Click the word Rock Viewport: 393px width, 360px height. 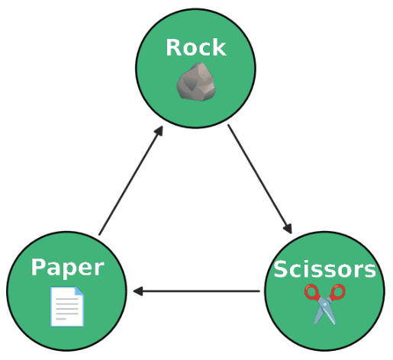click(x=196, y=47)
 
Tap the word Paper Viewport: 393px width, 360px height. click(x=68, y=268)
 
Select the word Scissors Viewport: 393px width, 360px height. click(x=325, y=269)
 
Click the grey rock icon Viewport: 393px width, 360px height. click(x=196, y=82)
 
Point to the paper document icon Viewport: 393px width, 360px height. click(x=67, y=307)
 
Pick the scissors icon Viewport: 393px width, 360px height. click(x=325, y=304)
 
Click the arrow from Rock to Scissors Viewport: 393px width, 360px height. click(x=259, y=178)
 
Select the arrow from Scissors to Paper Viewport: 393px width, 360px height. click(x=196, y=291)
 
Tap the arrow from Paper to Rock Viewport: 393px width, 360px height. click(x=131, y=181)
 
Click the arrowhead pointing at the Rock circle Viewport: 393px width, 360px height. click(x=159, y=131)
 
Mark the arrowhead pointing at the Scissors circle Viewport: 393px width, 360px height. click(x=288, y=228)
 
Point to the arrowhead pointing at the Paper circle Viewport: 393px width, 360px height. click(x=137, y=291)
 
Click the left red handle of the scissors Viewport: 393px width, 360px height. click(x=312, y=293)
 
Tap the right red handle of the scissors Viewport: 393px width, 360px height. click(x=337, y=292)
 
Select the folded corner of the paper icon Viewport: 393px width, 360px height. click(x=79, y=291)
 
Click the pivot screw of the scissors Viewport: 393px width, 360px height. click(x=325, y=304)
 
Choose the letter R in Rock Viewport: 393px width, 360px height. click(x=173, y=47)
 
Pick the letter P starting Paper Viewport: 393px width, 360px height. click(x=38, y=266)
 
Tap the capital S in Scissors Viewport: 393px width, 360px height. click(x=281, y=269)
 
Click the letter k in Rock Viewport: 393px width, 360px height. click(x=219, y=47)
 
